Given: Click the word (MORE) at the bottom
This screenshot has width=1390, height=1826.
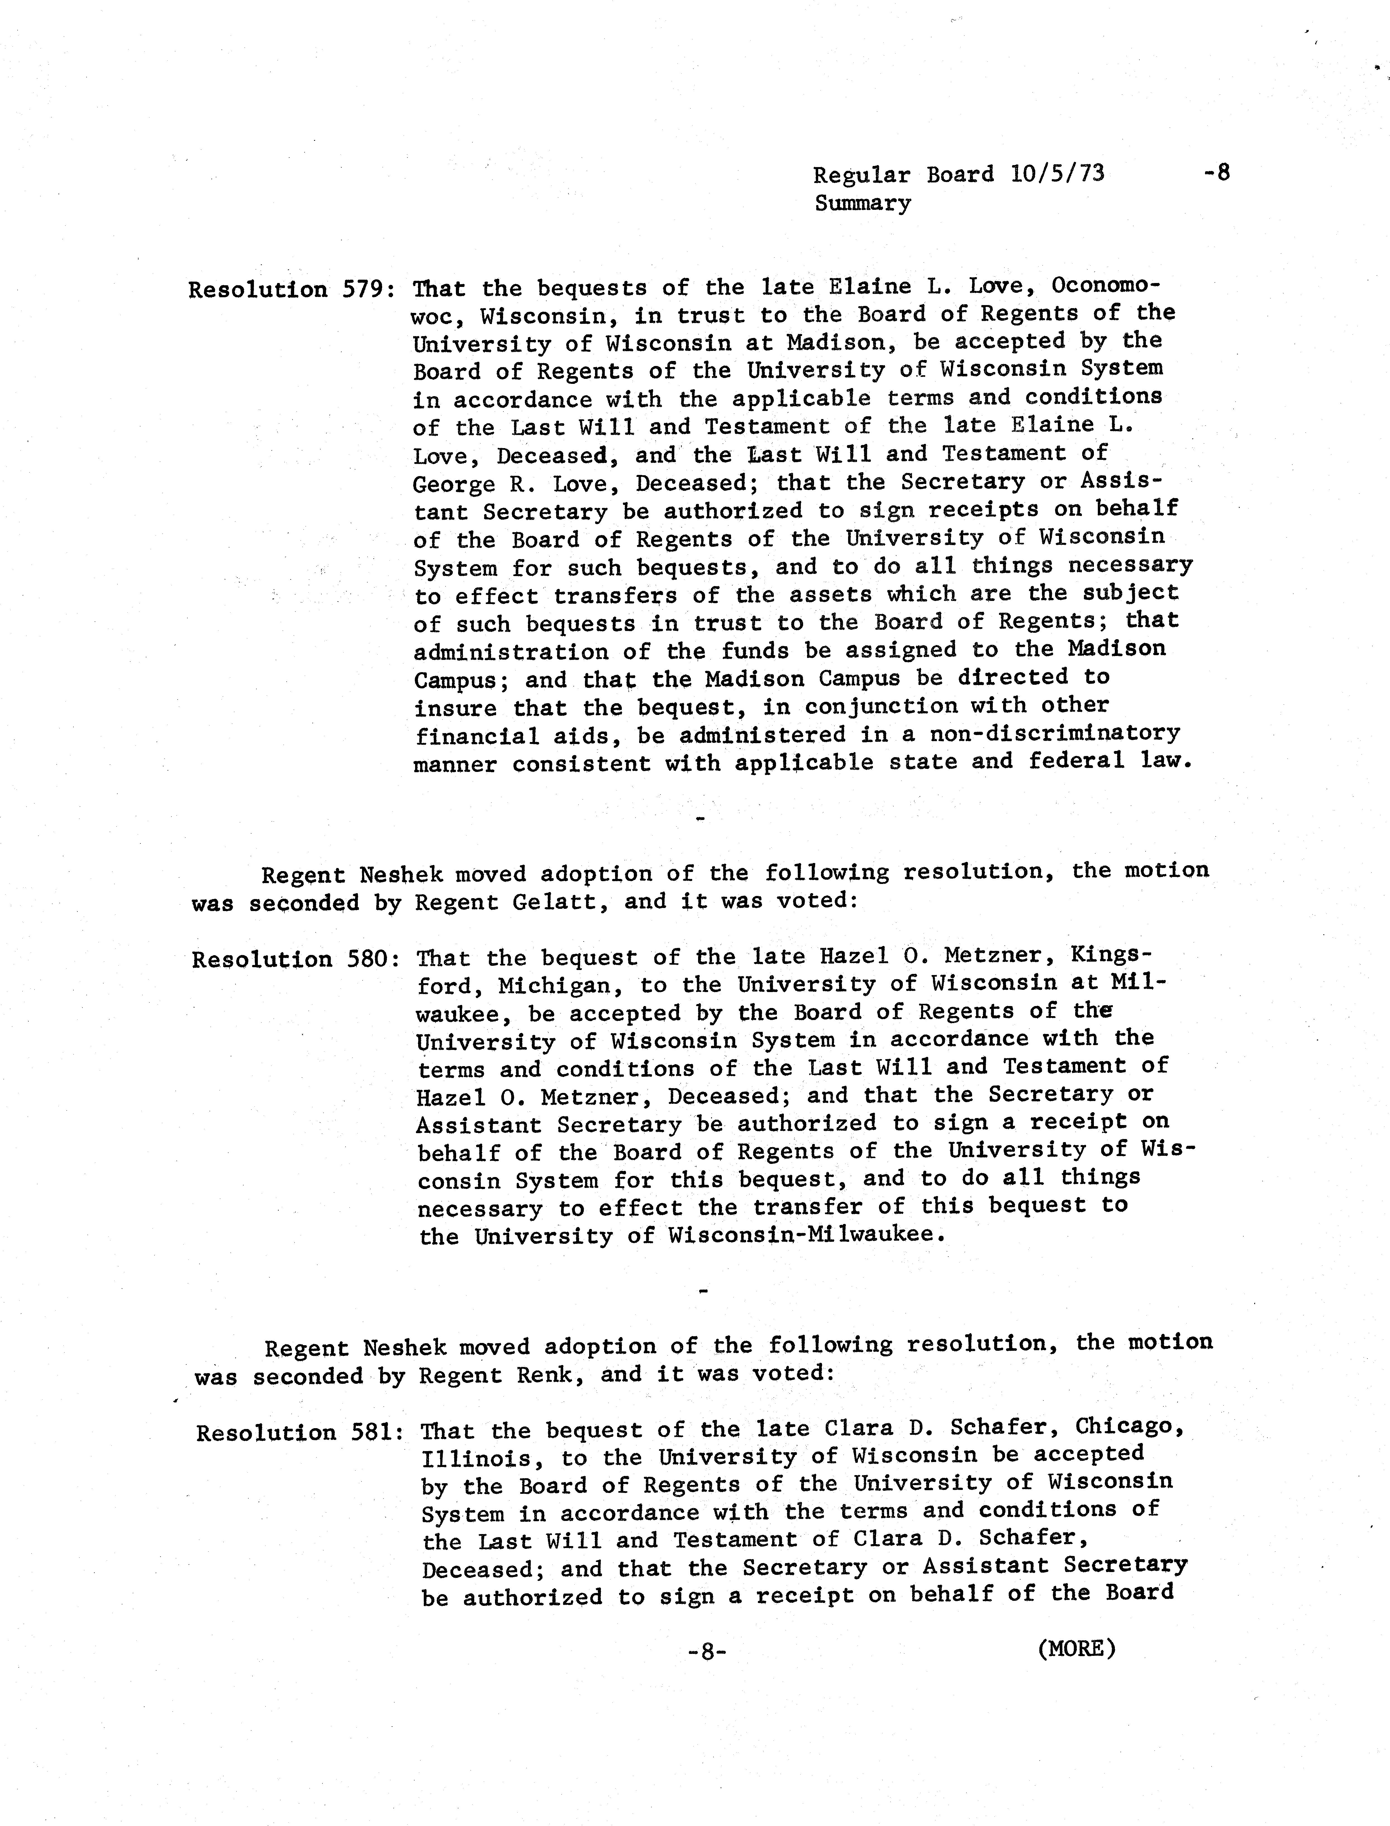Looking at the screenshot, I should point(1075,1649).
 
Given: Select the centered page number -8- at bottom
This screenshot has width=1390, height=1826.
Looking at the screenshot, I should point(706,1651).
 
